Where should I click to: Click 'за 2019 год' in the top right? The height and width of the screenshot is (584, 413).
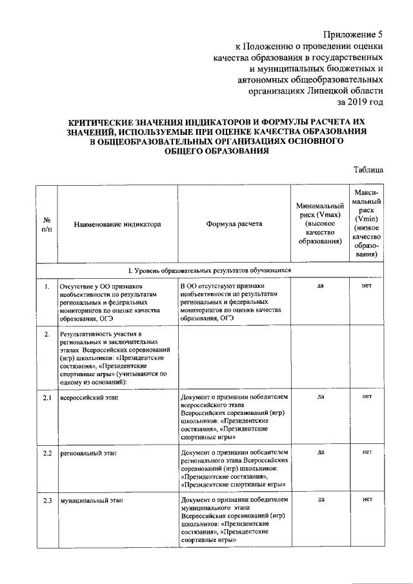point(360,101)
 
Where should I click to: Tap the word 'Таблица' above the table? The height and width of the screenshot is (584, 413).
point(368,170)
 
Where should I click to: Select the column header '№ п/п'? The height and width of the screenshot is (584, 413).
point(46,225)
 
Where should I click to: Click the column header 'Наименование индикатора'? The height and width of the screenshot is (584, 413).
point(117,225)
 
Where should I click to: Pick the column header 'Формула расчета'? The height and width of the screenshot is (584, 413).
point(234,225)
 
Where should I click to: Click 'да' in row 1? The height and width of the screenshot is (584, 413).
point(320,285)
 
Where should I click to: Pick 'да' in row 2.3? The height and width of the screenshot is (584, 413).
point(320,499)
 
